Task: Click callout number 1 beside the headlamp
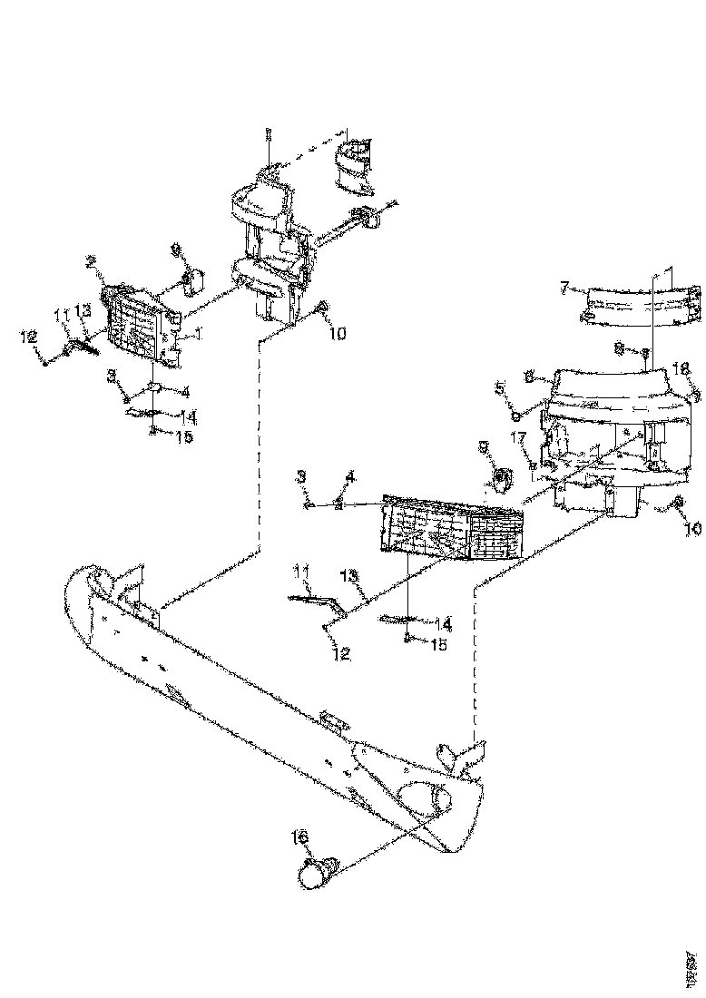click(197, 333)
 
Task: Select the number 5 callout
click(498, 392)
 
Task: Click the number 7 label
click(564, 288)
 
